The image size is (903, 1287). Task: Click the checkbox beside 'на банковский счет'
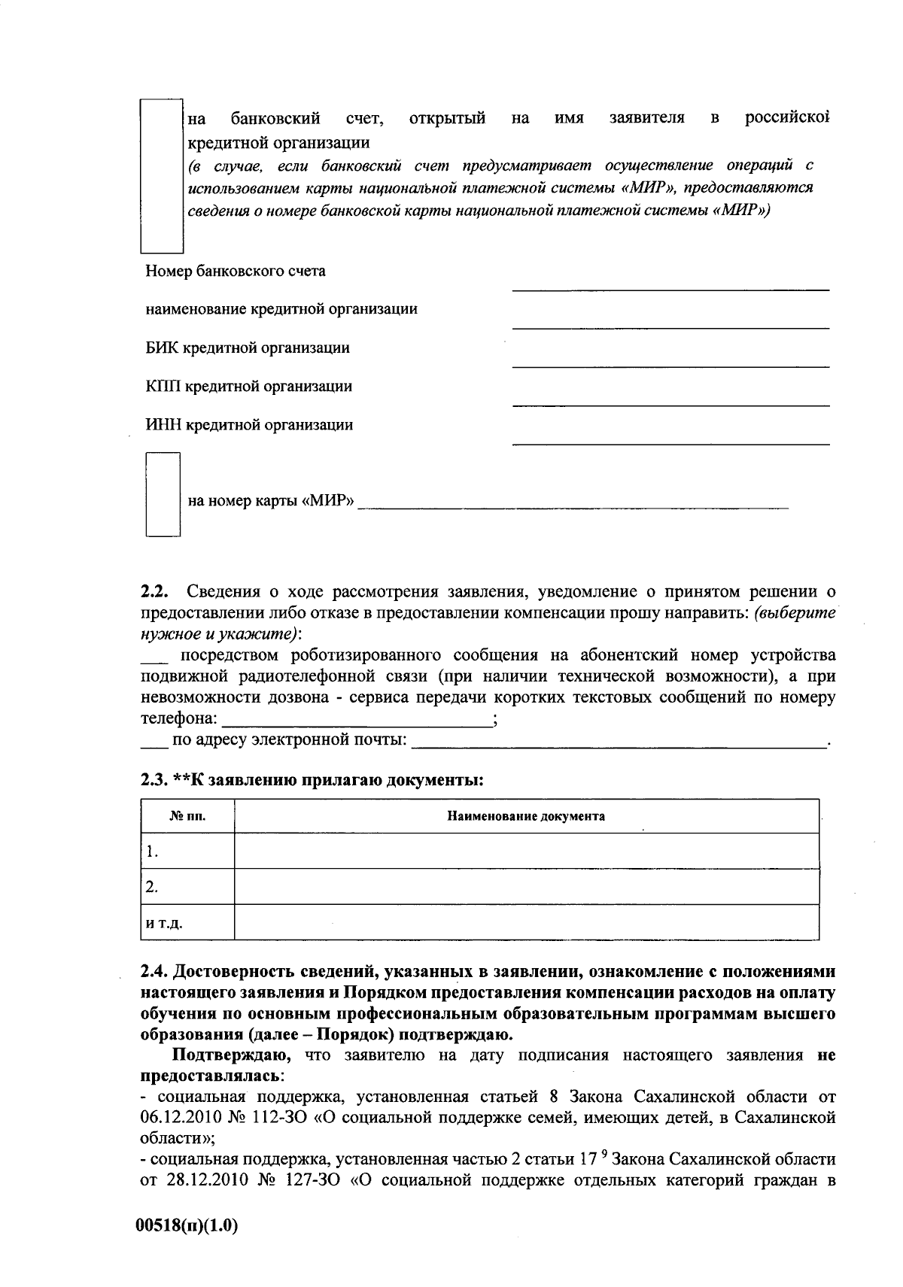coord(163,175)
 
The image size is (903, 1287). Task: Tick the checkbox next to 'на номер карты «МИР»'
coord(163,494)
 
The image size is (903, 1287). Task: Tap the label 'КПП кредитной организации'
coord(248,387)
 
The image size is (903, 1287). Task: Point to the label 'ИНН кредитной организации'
coord(248,425)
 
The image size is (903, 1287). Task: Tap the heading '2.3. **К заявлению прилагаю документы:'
coord(311,780)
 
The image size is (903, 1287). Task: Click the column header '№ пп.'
coord(187,816)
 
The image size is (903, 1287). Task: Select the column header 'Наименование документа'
coord(526,816)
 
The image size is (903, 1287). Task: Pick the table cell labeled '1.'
coord(187,851)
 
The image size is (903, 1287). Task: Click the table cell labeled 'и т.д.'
coord(187,923)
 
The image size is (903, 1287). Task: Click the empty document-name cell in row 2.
coord(526,887)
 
